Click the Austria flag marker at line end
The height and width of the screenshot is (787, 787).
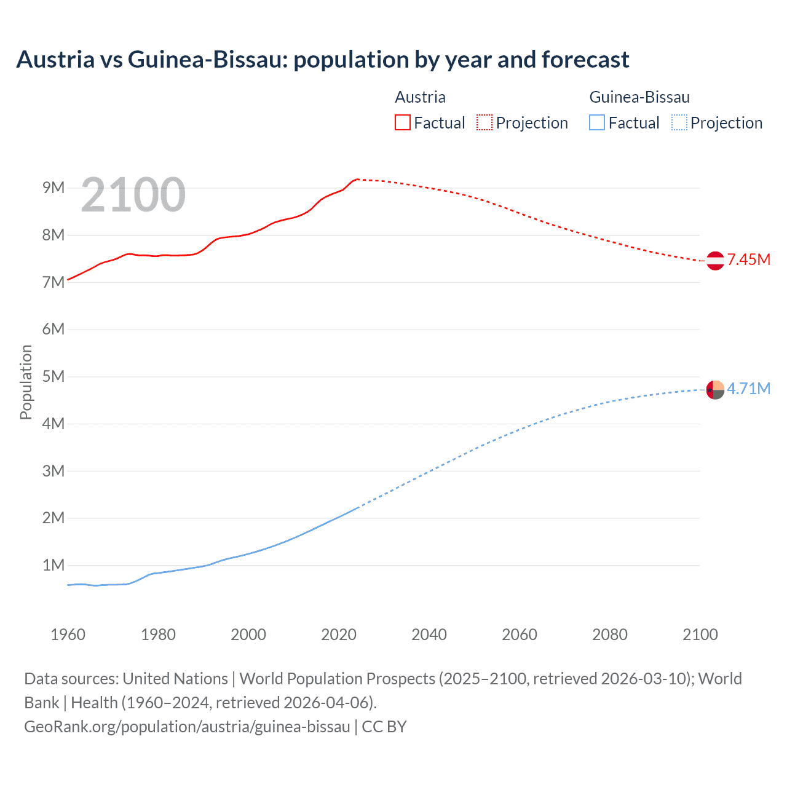click(715, 261)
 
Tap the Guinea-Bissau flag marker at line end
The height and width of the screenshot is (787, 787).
click(715, 390)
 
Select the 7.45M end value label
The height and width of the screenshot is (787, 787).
click(749, 259)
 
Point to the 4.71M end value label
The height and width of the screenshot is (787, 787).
click(749, 389)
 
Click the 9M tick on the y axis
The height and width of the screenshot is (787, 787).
click(53, 188)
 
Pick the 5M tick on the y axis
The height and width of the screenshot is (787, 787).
click(53, 376)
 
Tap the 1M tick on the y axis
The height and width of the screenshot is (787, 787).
click(53, 565)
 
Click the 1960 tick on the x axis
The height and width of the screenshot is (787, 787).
click(68, 635)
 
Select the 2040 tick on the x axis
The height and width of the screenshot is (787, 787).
click(429, 635)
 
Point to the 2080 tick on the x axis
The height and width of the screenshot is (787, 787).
click(610, 635)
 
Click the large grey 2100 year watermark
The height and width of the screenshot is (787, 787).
click(133, 195)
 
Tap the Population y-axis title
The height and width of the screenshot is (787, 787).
click(26, 382)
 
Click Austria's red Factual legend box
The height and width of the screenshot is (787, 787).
click(402, 122)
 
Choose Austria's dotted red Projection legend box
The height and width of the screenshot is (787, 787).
click(484, 122)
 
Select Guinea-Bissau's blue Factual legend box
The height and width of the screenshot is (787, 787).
click(597, 122)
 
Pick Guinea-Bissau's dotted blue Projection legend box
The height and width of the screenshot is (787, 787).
click(679, 122)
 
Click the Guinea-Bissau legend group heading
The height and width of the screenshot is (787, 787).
click(639, 97)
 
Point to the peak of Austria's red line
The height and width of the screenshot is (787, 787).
click(357, 179)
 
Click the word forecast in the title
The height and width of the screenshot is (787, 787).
click(585, 60)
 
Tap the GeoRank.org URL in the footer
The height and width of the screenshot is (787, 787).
click(187, 727)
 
